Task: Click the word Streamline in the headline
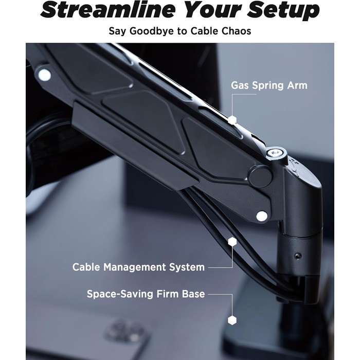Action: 108,10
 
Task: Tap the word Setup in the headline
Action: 283,10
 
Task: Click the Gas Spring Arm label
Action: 269,85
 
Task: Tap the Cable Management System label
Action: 138,267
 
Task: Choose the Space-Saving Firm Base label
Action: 146,294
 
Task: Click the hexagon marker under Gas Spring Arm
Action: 232,120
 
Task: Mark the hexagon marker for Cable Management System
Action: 232,242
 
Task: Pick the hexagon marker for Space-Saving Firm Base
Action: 232,320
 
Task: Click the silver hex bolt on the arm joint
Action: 274,153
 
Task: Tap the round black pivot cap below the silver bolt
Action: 261,176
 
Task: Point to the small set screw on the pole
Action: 298,255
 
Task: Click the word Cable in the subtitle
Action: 205,31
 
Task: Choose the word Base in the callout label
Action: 193,294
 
